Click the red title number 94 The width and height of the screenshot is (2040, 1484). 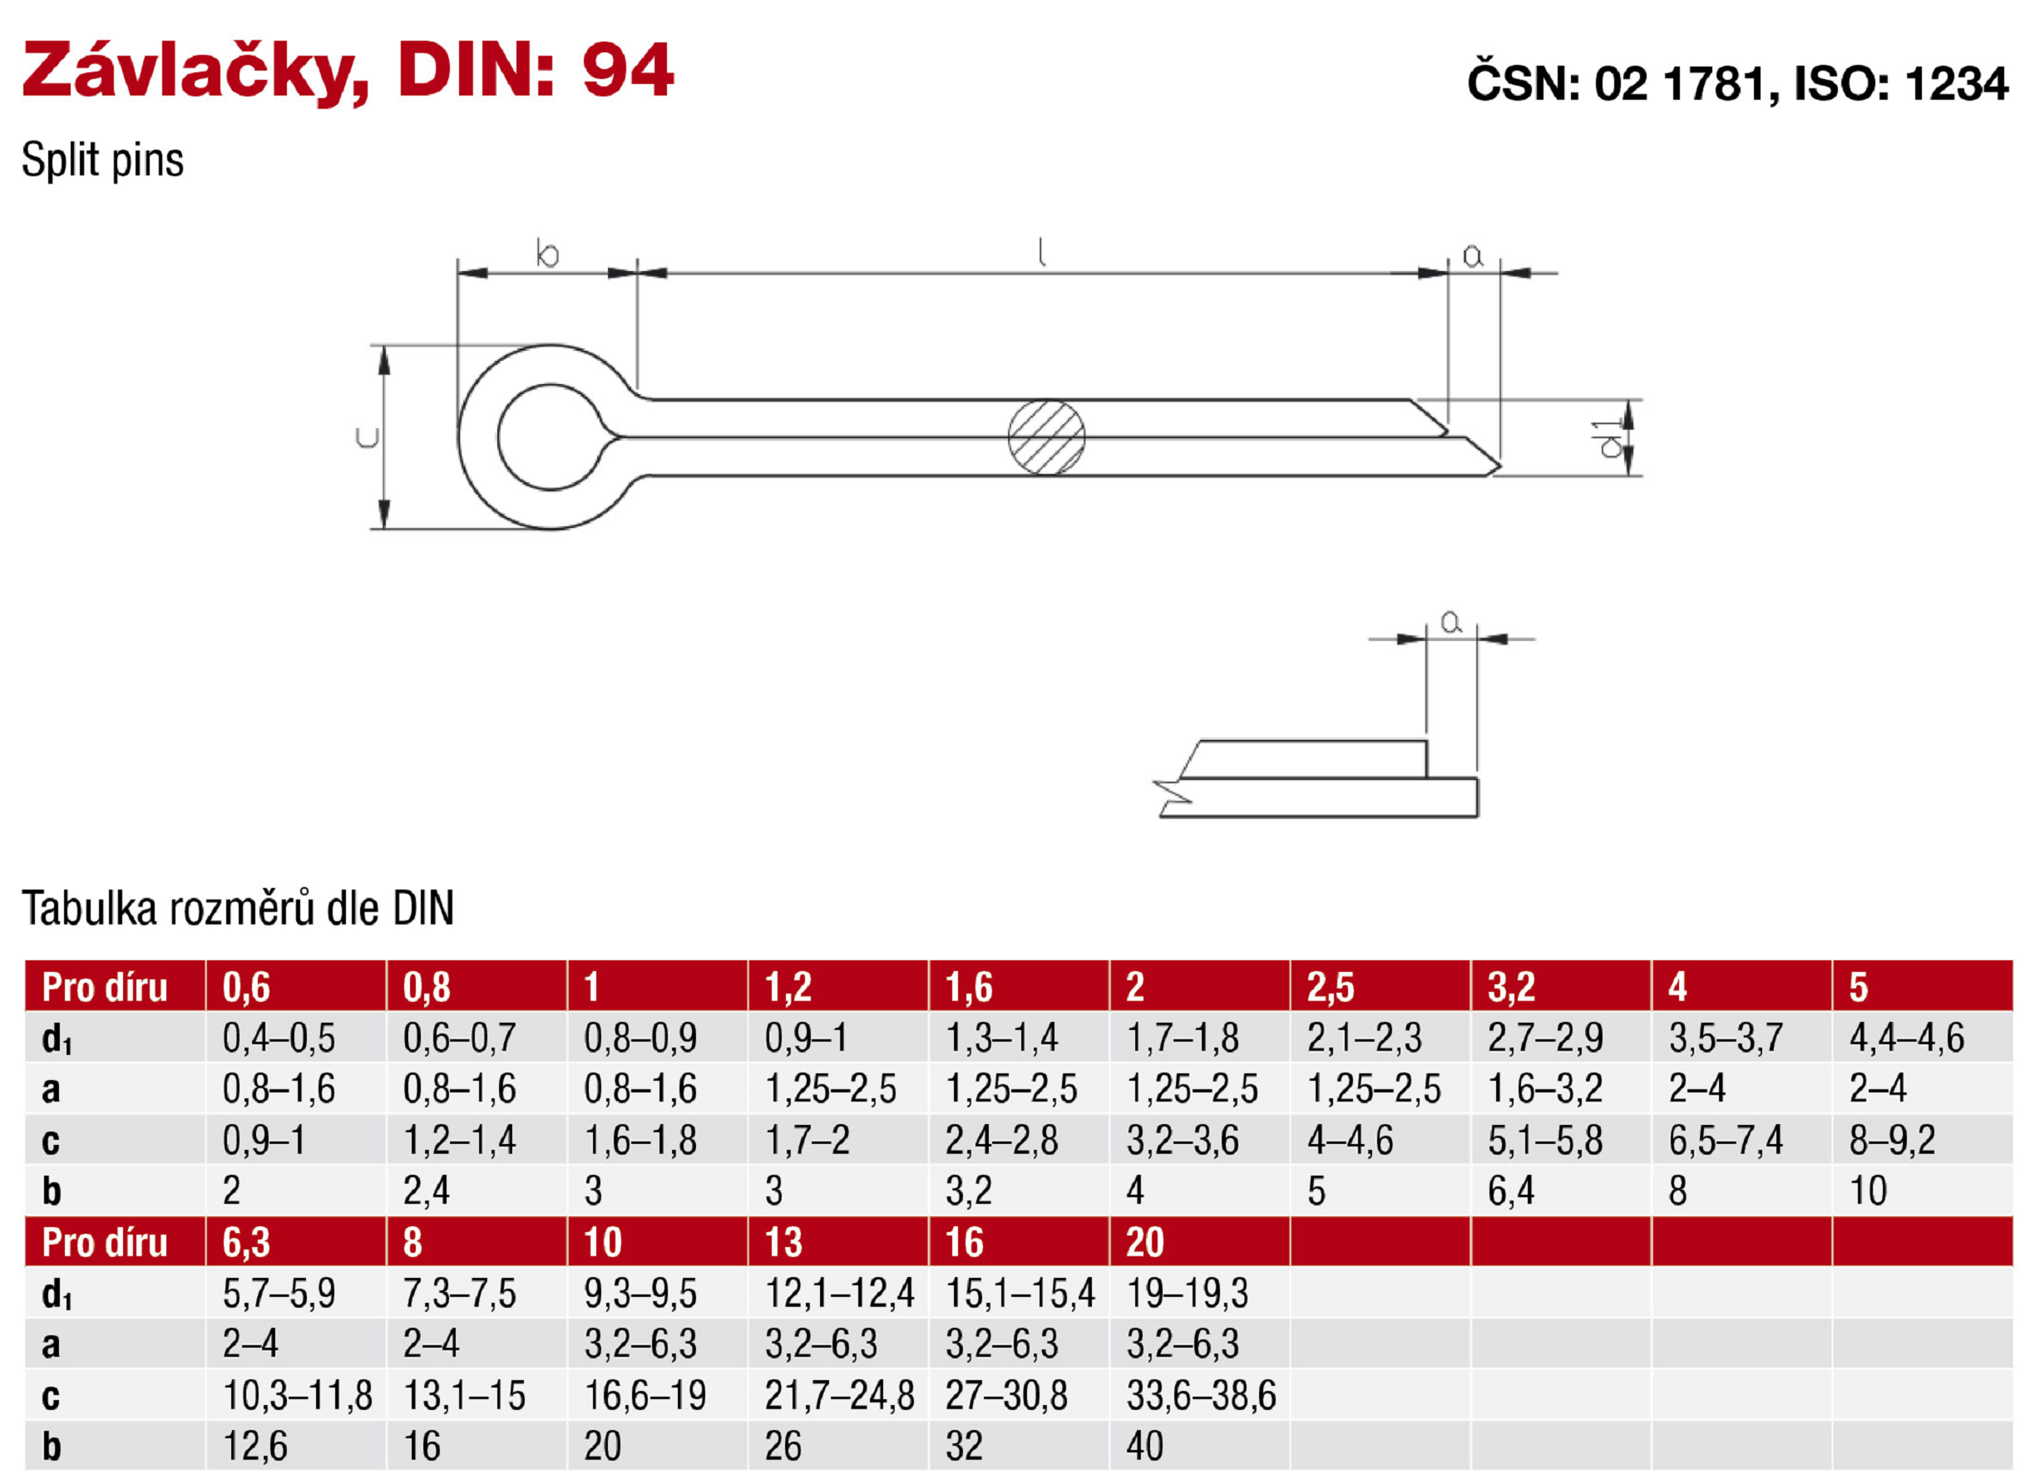point(628,70)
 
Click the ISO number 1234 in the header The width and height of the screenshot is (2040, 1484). point(1955,85)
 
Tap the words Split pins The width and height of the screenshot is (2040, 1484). point(102,160)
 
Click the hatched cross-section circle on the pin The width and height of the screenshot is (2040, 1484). point(1046,437)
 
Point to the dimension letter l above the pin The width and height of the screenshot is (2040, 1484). point(1041,252)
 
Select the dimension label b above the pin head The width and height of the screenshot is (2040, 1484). point(547,254)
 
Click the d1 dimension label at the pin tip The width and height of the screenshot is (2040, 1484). point(1609,438)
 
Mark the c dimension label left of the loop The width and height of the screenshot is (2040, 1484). point(368,438)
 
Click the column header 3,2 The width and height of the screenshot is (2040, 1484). point(1511,988)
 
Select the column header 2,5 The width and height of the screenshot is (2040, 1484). point(1331,988)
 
